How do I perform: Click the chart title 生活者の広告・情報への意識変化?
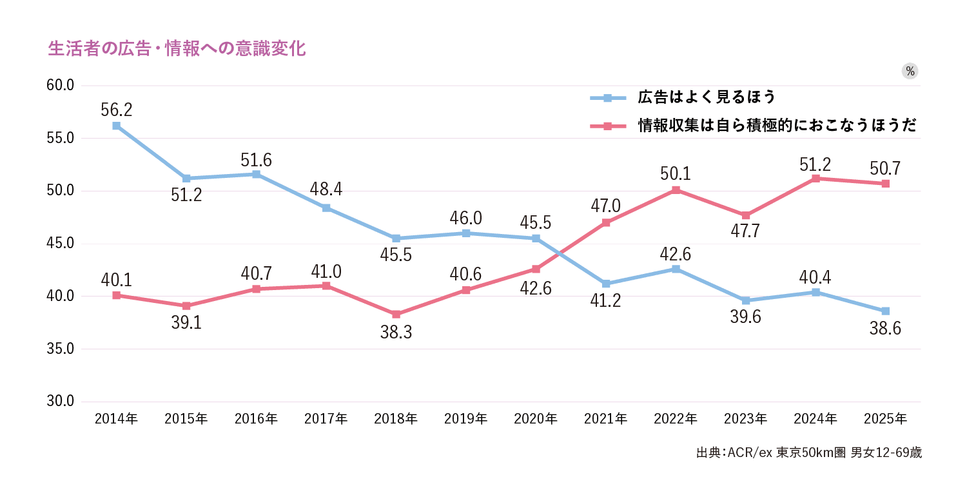point(177,49)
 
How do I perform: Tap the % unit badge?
point(910,72)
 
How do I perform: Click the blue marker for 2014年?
point(116,126)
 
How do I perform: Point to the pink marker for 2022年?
point(676,190)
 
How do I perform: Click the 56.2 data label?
point(116,110)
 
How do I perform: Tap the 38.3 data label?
point(396,333)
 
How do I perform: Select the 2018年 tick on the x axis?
point(396,419)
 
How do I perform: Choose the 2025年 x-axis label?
point(885,419)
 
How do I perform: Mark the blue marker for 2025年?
point(885,311)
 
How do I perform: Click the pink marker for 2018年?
point(396,314)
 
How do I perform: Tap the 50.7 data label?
point(885,169)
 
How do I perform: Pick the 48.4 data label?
point(326,190)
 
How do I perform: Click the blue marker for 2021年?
point(606,284)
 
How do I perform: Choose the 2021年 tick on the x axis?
point(606,419)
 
